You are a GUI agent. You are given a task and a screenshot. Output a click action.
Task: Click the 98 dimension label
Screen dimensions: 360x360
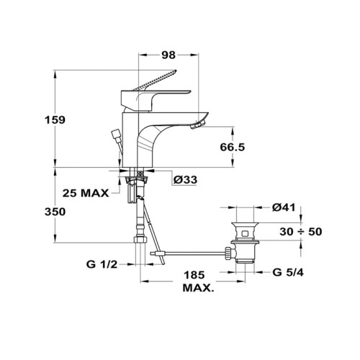[x=168, y=55]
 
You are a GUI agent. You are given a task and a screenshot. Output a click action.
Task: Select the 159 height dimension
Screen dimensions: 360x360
[x=55, y=120]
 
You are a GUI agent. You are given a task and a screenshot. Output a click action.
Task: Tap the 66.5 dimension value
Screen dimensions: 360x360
[x=233, y=147]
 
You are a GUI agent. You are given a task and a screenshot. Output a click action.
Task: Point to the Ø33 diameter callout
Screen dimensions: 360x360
[x=185, y=179]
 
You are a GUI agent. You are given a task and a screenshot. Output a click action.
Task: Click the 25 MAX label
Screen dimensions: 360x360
[x=86, y=193]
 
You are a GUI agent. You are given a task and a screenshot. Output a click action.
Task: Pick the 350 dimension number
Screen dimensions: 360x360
[x=55, y=212]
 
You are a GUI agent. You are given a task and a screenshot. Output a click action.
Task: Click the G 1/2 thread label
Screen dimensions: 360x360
[x=102, y=264]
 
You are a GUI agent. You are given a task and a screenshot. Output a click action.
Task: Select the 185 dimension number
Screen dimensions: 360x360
[x=194, y=275]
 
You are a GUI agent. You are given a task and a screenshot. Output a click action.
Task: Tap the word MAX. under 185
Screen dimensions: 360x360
[x=198, y=288]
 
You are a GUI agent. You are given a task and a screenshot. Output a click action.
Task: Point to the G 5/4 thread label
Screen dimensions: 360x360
[x=288, y=272]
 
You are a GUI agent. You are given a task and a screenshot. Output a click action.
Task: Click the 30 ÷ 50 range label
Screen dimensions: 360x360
[x=301, y=232]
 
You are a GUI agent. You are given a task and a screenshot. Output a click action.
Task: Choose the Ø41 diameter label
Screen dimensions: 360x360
[x=284, y=207]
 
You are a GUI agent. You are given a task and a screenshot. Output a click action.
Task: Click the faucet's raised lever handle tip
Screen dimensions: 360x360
[x=175, y=71]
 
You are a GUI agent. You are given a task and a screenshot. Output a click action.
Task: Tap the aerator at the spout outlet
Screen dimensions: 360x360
[x=198, y=125]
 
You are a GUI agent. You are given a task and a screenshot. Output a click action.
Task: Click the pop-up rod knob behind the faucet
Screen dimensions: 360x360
[x=115, y=134]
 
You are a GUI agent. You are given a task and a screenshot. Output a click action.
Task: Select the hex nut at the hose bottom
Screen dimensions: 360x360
[x=140, y=240]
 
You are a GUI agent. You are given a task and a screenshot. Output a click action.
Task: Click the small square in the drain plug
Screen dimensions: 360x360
[x=245, y=233]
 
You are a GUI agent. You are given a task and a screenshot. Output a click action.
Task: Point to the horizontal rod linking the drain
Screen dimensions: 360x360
[x=193, y=253]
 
